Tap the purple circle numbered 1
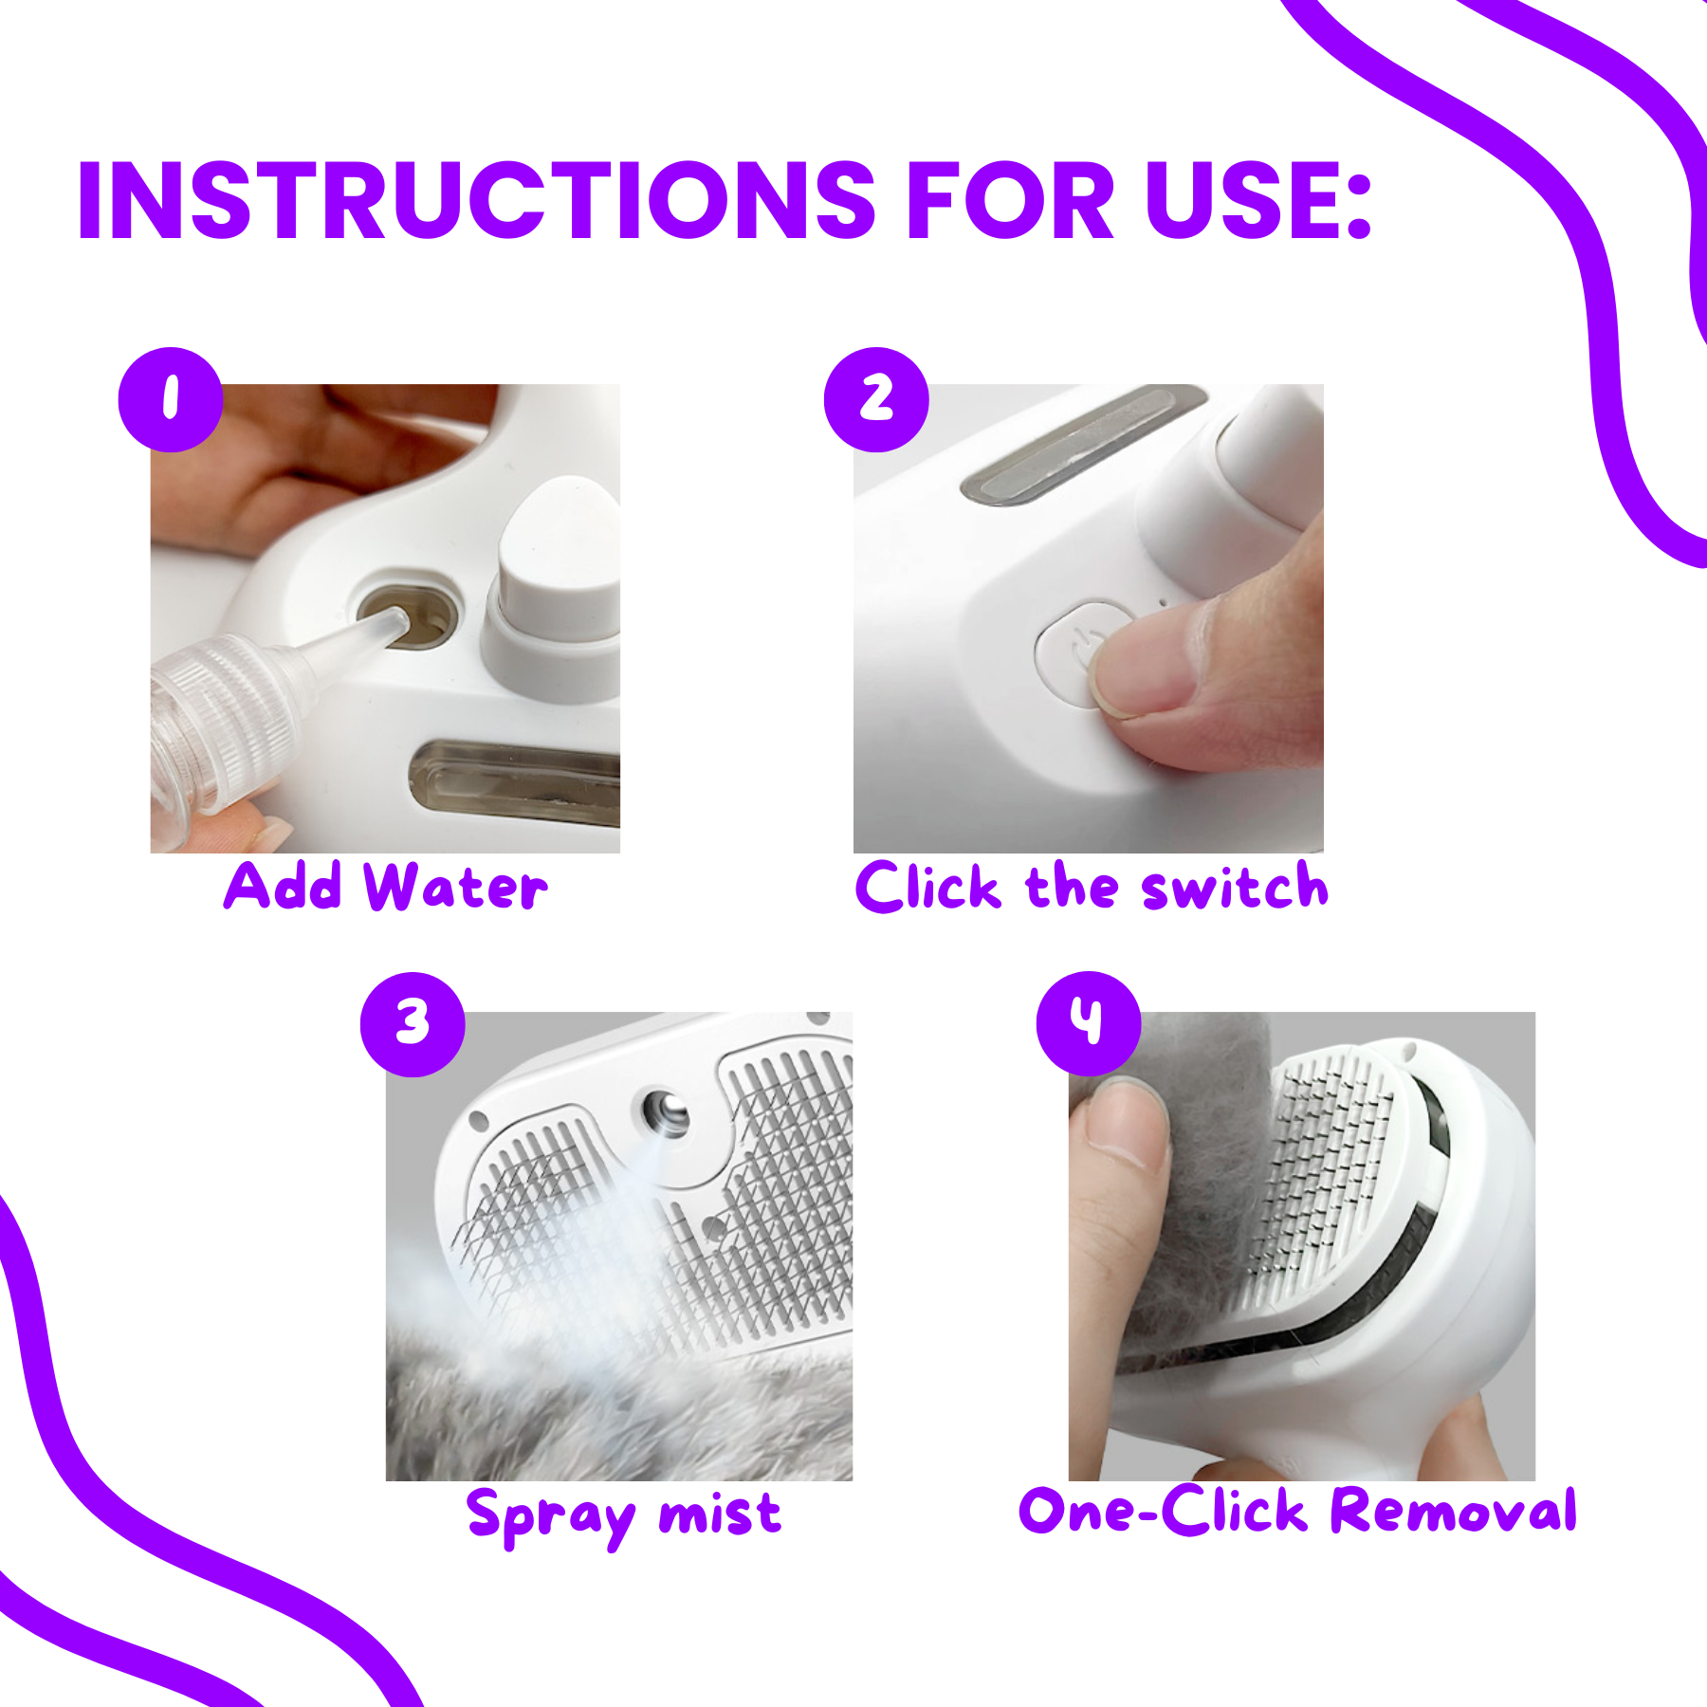[x=171, y=399]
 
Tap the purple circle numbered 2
[x=876, y=399]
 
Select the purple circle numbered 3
[x=413, y=1024]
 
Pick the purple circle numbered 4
[x=1089, y=1023]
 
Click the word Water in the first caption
[x=456, y=888]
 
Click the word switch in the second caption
[x=1235, y=888]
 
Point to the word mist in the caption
[x=721, y=1512]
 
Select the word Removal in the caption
[x=1454, y=1510]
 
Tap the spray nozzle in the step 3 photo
[x=666, y=1111]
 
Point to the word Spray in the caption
[x=551, y=1515]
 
